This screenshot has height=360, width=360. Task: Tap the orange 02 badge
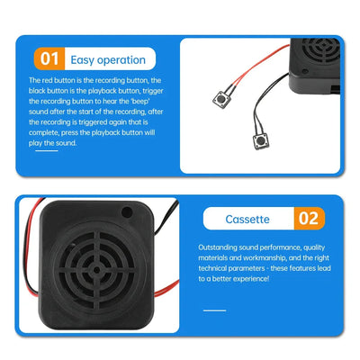click(x=308, y=219)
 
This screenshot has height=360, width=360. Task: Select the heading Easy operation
click(x=110, y=60)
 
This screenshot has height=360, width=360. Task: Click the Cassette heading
click(x=247, y=219)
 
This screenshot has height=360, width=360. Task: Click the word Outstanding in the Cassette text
click(x=220, y=245)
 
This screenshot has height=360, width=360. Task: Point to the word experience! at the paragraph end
click(x=267, y=279)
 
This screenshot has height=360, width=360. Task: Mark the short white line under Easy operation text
click(x=46, y=150)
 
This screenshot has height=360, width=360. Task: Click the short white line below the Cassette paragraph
click(x=214, y=309)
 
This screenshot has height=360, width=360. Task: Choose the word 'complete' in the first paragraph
click(x=45, y=132)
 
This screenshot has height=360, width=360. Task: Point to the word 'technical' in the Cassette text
click(x=217, y=268)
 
